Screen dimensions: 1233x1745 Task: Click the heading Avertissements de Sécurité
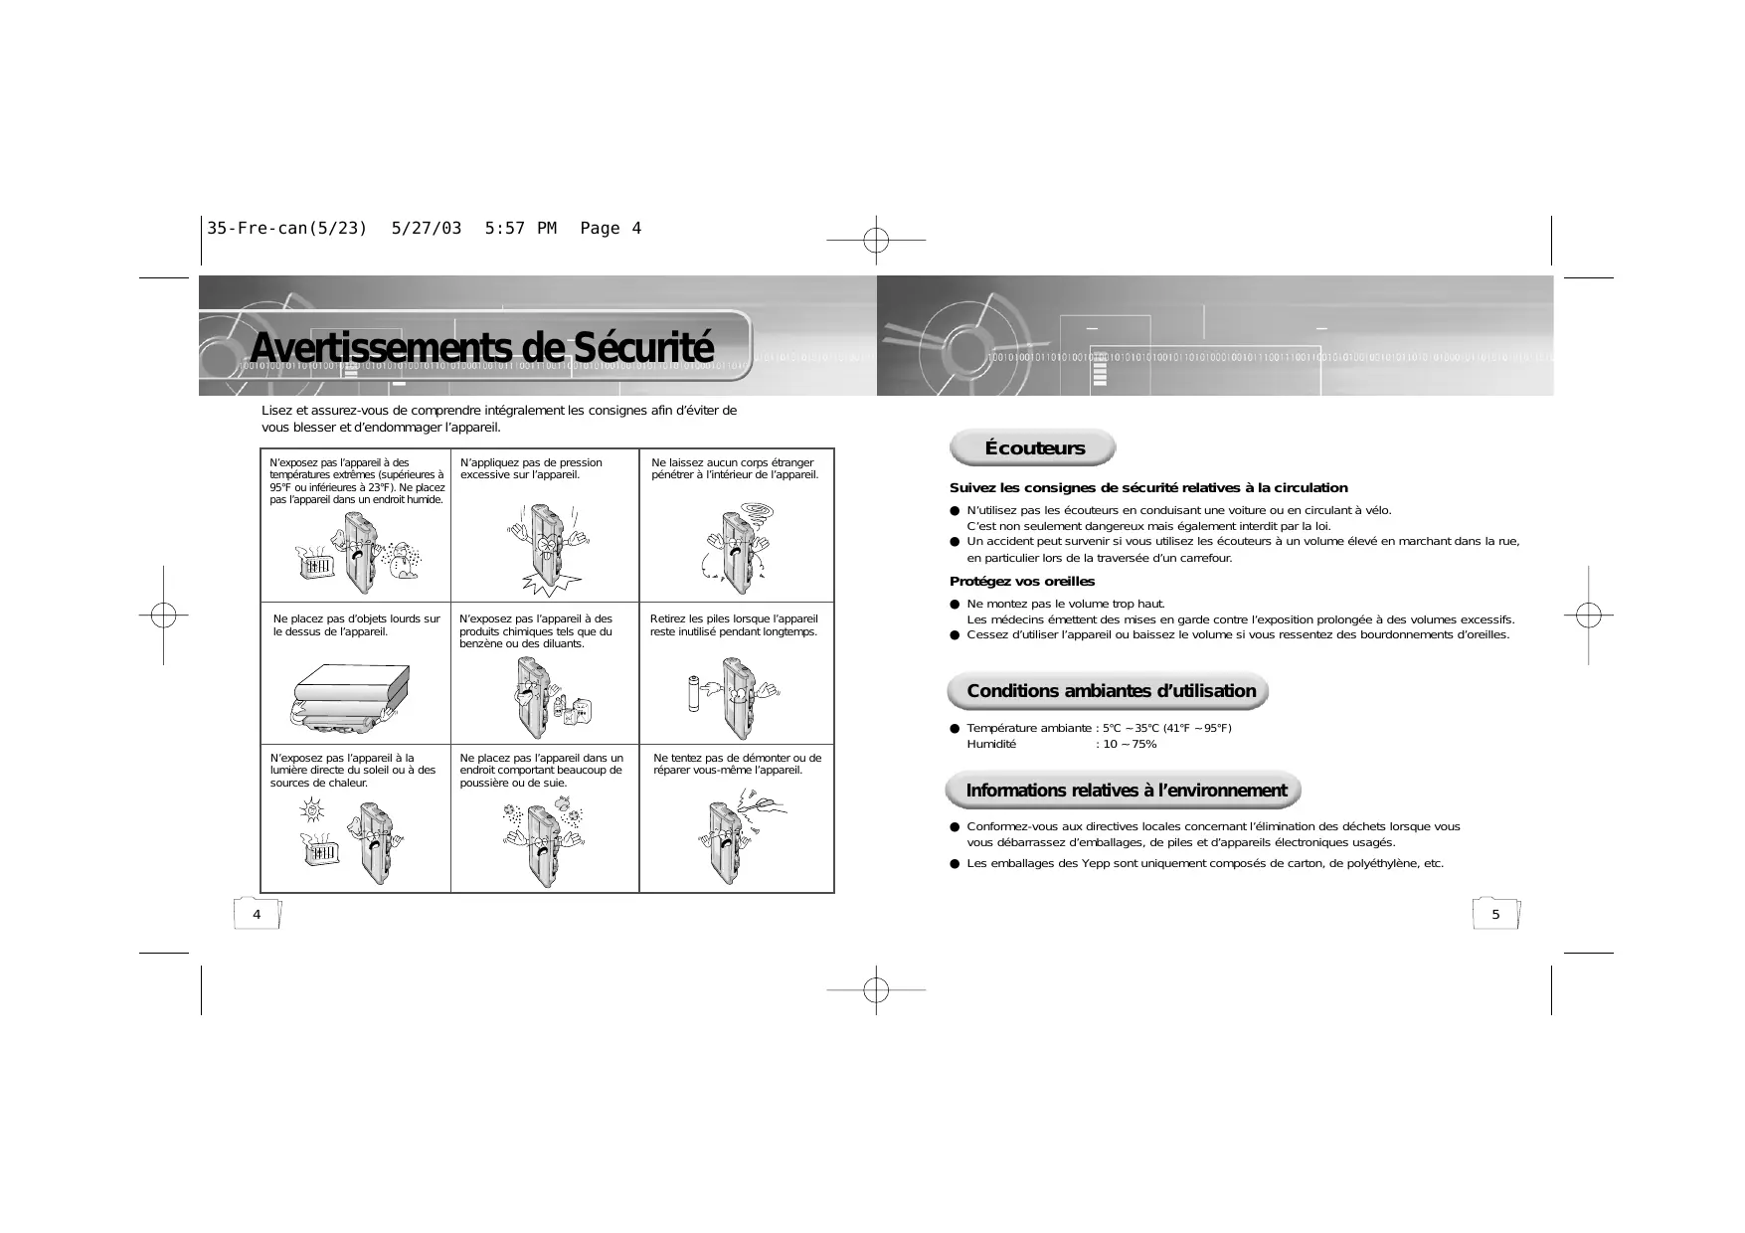coord(481,347)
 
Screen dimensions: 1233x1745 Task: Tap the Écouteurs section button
coord(1034,447)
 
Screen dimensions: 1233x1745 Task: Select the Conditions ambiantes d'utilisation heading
coord(1111,691)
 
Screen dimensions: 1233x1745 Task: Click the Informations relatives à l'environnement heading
coord(1126,791)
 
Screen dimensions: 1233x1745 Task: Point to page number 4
coord(257,914)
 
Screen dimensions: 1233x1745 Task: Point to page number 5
coord(1495,914)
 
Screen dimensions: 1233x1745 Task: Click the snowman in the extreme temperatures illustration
coord(404,560)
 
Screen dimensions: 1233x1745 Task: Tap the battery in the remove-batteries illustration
coord(694,693)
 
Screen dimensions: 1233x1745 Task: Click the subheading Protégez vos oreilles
coord(1022,582)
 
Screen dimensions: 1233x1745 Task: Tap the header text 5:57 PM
coord(520,229)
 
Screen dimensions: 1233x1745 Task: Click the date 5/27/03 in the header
coord(427,229)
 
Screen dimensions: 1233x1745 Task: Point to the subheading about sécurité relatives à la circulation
coord(1148,488)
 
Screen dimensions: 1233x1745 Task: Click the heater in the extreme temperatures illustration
coord(316,564)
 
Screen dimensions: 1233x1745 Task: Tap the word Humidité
coord(991,744)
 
